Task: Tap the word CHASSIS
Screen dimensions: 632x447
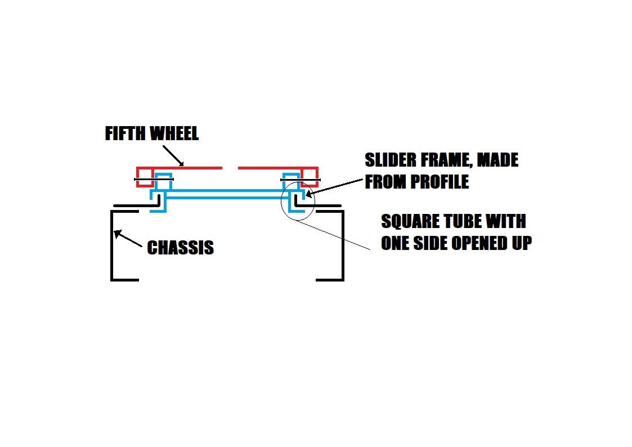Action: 180,248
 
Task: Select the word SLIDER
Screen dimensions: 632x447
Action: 391,160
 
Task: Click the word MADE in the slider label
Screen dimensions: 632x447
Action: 498,160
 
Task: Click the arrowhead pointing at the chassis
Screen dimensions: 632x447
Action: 117,234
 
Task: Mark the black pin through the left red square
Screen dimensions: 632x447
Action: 154,180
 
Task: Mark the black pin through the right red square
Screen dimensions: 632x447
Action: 301,180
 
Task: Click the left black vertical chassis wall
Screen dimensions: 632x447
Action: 111,245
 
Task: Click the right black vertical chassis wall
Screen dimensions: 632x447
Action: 343,245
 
